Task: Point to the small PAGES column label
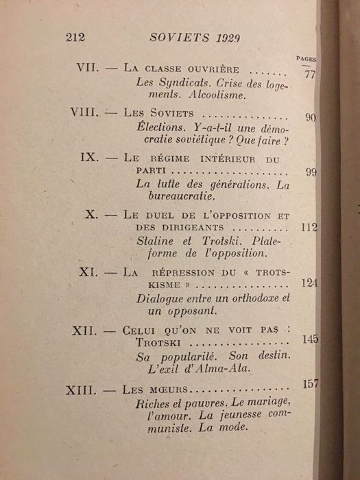click(306, 60)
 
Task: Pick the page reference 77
click(309, 74)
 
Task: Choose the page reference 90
click(310, 117)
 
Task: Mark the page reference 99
click(311, 172)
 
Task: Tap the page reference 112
click(309, 228)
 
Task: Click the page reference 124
click(309, 283)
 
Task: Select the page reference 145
click(310, 339)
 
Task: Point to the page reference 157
click(311, 384)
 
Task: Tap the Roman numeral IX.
click(90, 157)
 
